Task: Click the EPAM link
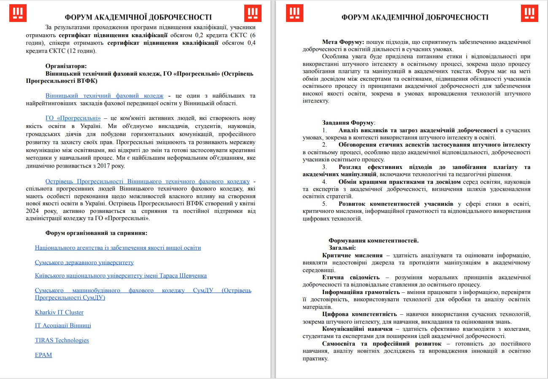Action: click(43, 355)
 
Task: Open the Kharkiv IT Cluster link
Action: click(59, 312)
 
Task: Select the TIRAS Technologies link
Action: click(62, 340)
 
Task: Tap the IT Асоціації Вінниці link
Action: click(63, 325)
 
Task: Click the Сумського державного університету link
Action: click(84, 262)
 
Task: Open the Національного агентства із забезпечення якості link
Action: click(118, 248)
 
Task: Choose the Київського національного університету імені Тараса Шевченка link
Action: click(121, 275)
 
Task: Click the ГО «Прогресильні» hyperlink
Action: click(73, 118)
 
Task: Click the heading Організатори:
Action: click(66, 66)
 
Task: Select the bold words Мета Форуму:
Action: click(343, 42)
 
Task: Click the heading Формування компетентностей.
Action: click(374, 240)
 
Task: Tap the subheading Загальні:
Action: click(342, 248)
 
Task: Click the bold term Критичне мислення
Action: click(352, 255)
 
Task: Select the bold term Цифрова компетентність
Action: click(359, 314)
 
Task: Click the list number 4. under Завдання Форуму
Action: click(324, 182)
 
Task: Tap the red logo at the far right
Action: click(529, 13)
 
